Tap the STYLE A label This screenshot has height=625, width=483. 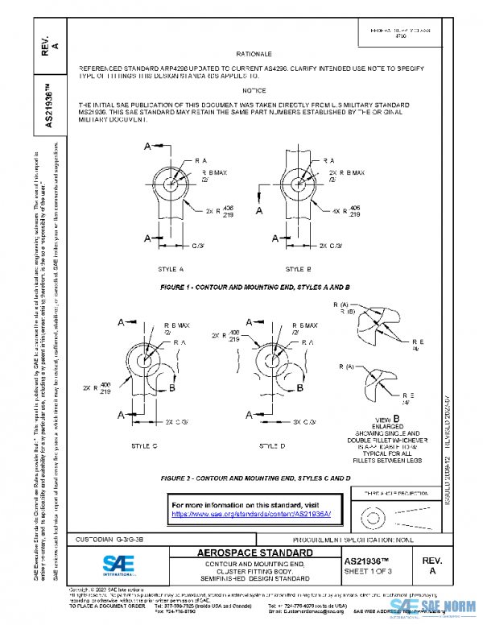pos(171,268)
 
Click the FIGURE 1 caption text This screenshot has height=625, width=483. pos(254,287)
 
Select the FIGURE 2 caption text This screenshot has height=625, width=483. pos(255,478)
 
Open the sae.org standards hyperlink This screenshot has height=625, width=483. pos(251,514)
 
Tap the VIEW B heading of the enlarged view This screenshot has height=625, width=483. pos(382,419)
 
